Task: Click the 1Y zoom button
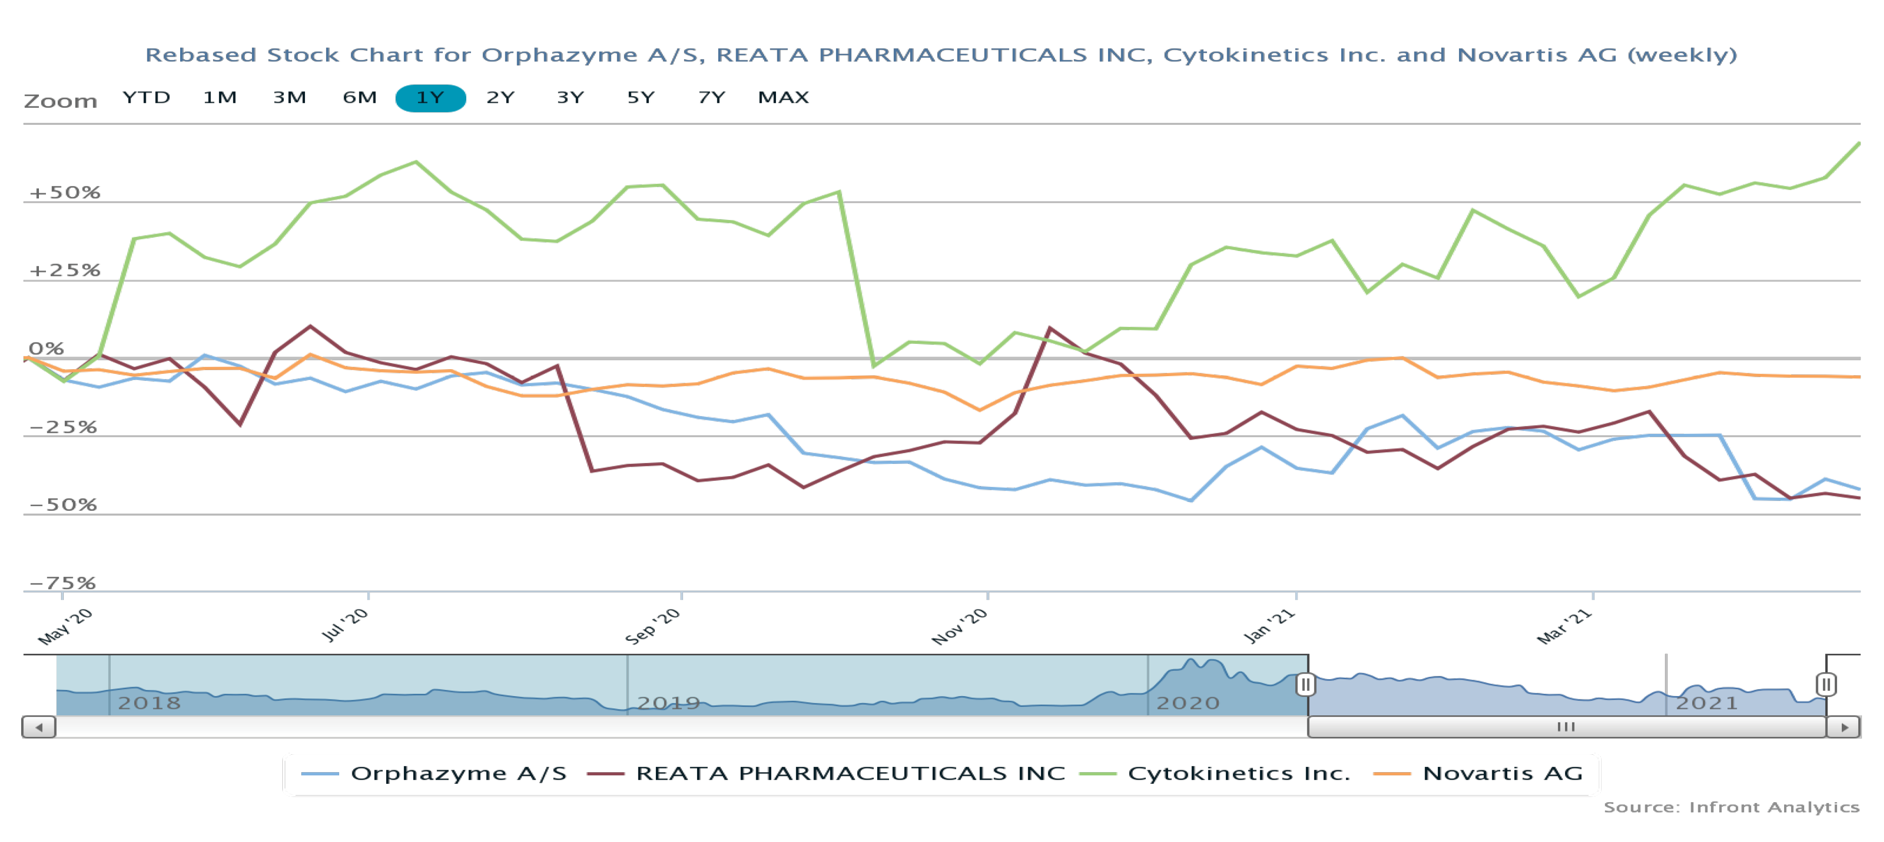click(430, 98)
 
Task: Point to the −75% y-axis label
click(63, 583)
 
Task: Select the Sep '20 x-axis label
click(653, 626)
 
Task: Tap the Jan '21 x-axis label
click(1269, 626)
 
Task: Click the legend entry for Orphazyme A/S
click(458, 773)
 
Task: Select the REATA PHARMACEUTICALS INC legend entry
click(850, 773)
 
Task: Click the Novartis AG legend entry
click(1502, 773)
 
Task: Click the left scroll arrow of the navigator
click(39, 727)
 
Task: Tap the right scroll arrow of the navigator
click(1844, 727)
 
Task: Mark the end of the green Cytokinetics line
click(1858, 144)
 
